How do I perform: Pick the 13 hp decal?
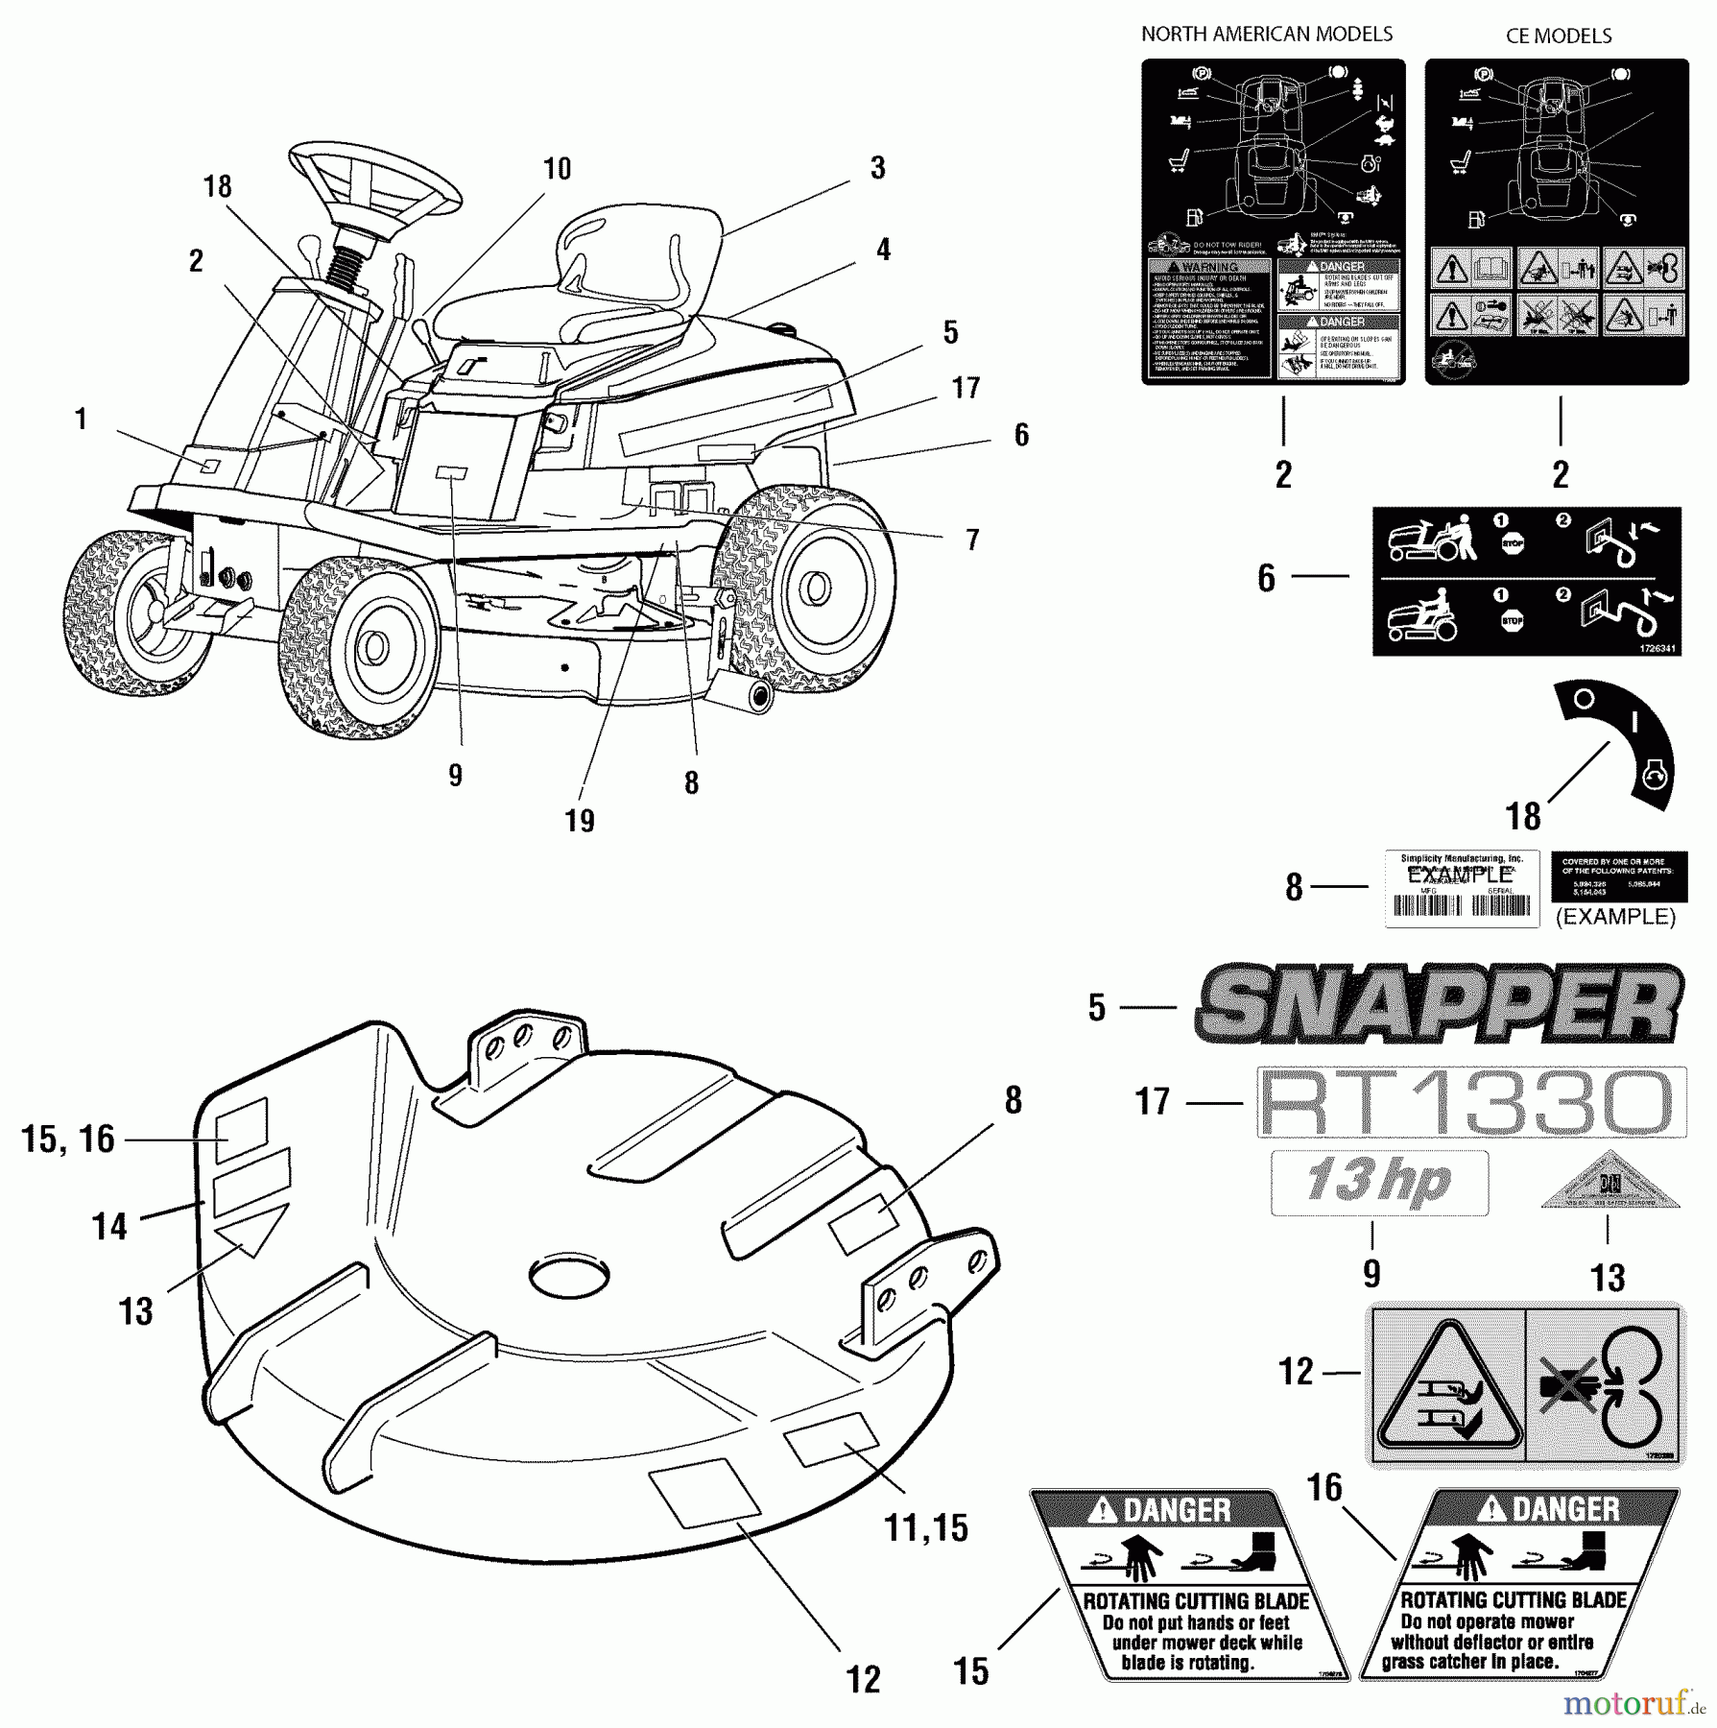[x=1379, y=1182]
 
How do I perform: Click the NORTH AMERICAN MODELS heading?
[x=1266, y=35]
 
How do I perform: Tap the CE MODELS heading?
[x=1558, y=36]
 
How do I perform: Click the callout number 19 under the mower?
[x=580, y=821]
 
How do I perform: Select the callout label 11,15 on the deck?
[x=925, y=1527]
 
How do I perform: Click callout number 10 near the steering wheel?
[x=557, y=169]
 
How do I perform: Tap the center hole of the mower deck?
[x=569, y=1275]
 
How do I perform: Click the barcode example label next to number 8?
[x=1461, y=888]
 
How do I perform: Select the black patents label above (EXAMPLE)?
[x=1617, y=876]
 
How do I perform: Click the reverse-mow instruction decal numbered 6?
[x=1526, y=581]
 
